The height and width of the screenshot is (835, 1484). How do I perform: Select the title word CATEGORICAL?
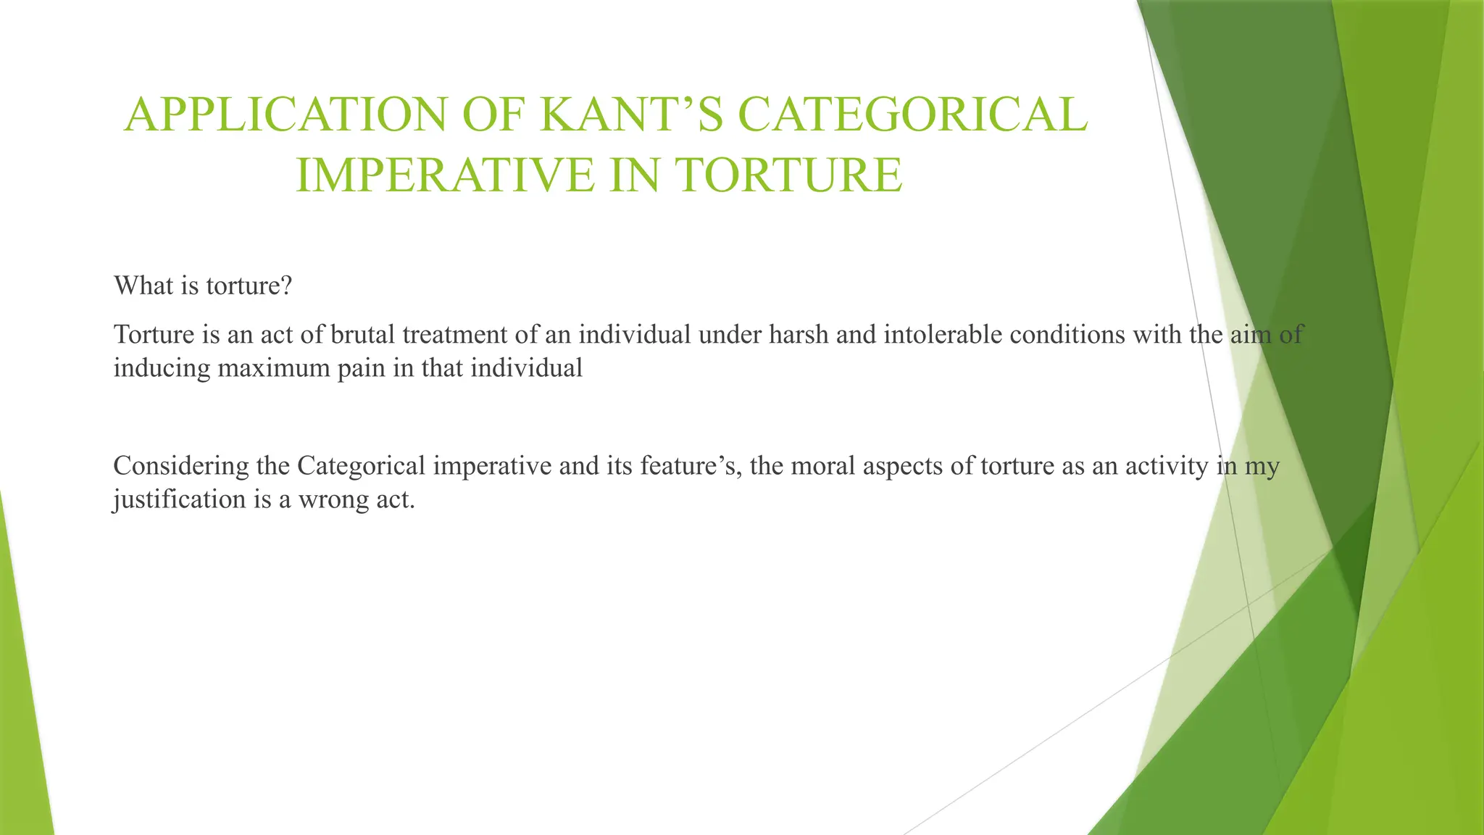[912, 115]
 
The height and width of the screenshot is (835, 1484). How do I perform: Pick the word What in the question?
[143, 286]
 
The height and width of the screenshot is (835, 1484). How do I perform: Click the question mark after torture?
[286, 286]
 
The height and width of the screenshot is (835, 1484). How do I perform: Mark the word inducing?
[162, 368]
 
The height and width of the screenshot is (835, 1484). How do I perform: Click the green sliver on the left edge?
[22, 689]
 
